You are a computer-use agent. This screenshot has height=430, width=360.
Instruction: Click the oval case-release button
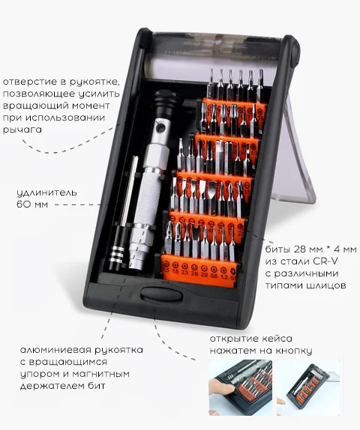(x=161, y=295)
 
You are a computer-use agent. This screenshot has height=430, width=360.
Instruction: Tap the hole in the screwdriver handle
(x=160, y=128)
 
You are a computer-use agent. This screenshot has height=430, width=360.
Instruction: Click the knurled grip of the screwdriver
(x=150, y=197)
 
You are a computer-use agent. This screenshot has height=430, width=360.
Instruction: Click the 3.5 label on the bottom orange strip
(x=175, y=271)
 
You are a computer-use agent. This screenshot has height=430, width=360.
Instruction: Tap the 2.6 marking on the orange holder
(x=194, y=273)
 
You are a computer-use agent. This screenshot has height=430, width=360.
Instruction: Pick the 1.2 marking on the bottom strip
(x=224, y=277)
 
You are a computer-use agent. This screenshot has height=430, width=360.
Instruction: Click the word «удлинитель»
(x=46, y=193)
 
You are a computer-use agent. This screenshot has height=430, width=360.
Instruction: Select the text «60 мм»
(x=32, y=205)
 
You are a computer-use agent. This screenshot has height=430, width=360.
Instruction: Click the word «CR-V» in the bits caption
(x=325, y=261)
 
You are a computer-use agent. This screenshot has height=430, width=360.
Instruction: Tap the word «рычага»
(x=22, y=130)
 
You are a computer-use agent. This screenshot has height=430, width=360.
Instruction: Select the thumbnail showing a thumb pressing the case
(x=241, y=387)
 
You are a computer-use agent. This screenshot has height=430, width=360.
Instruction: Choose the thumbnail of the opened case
(x=308, y=387)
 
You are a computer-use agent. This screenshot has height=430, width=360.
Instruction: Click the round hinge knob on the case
(x=295, y=51)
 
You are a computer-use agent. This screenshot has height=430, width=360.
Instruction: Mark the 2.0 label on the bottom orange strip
(x=204, y=274)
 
